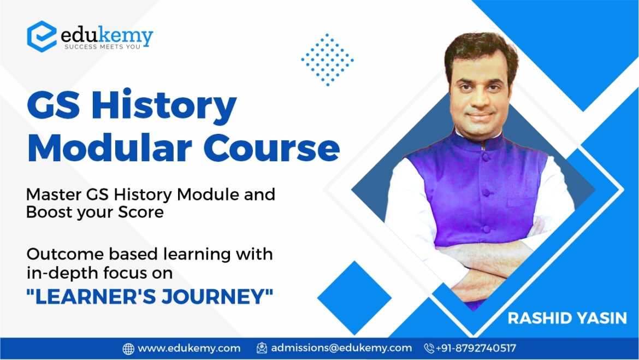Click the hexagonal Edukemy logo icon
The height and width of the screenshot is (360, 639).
tap(42, 36)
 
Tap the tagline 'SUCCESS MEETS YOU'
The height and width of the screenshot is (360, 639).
tap(103, 47)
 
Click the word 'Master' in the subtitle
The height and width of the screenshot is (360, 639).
tap(53, 194)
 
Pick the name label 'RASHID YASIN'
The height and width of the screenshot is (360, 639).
tap(567, 318)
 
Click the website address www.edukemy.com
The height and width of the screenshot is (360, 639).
tap(189, 348)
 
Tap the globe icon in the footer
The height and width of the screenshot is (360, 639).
tap(128, 348)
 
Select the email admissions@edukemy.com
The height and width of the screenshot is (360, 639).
tap(341, 348)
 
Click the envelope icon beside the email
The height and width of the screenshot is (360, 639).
tap(262, 348)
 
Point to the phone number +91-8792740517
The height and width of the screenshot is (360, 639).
tap(476, 348)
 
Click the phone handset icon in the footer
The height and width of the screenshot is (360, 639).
tap(429, 348)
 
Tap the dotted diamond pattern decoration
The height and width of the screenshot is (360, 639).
tap(327, 60)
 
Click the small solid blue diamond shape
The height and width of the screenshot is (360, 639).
tap(354, 298)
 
